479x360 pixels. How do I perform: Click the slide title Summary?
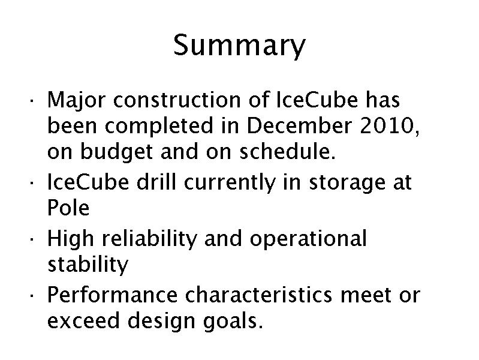239,45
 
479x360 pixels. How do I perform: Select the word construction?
177,100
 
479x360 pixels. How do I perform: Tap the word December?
299,125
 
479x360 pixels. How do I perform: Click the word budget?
116,152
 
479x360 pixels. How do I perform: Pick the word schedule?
288,151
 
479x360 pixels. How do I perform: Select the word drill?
156,182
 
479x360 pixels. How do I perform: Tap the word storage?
347,183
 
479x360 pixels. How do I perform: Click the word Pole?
68,208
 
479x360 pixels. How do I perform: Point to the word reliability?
150,239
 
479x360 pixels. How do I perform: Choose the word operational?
308,239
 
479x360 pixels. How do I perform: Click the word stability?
88,264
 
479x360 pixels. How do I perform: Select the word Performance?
113,295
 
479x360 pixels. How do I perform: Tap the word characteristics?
259,295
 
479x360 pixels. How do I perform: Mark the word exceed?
83,320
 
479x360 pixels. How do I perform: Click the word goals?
233,321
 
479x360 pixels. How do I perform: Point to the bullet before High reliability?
31,239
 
